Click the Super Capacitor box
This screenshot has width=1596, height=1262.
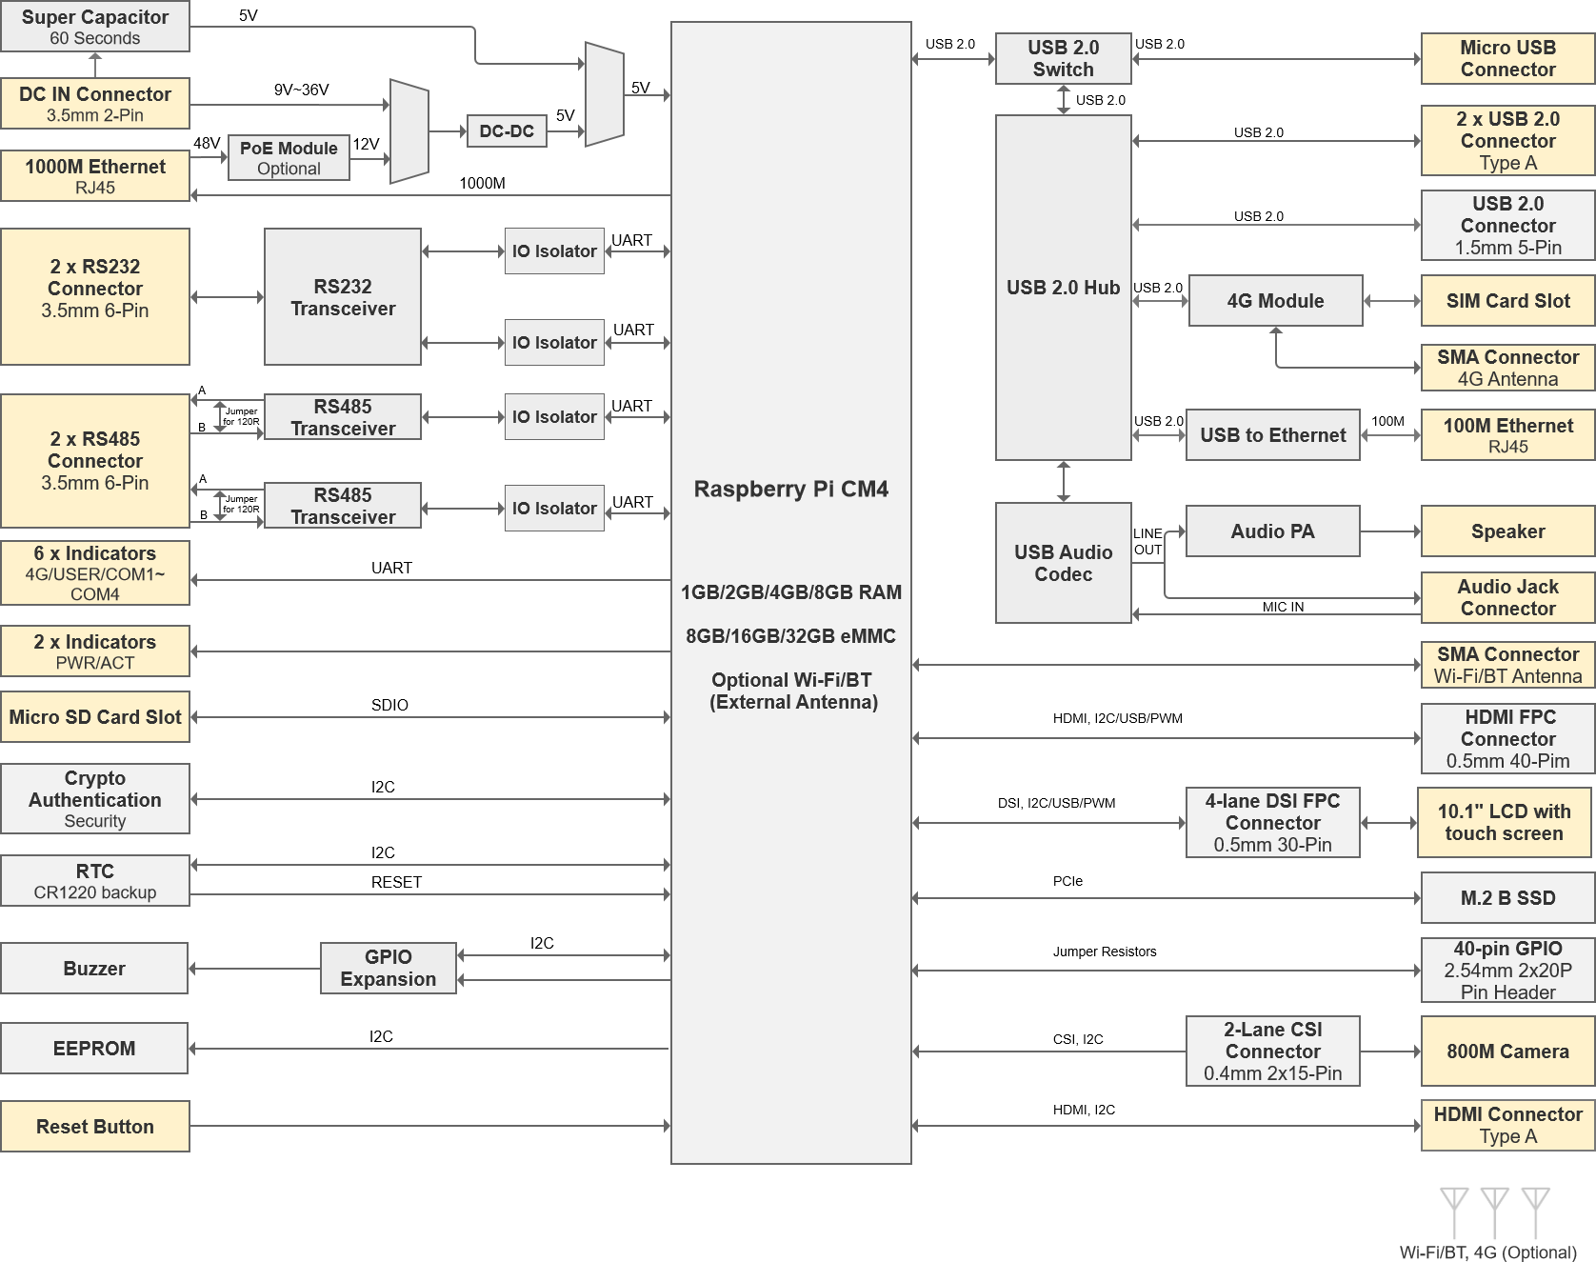[x=95, y=27]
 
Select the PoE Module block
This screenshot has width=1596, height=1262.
[x=289, y=158]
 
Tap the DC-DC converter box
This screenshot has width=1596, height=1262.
[x=507, y=131]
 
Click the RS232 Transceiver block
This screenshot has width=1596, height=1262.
[x=343, y=297]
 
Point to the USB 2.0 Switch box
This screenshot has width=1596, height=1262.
[x=1064, y=58]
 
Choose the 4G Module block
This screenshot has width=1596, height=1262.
[x=1275, y=301]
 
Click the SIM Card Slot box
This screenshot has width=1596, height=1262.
[x=1507, y=301]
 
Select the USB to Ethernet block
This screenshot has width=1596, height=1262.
[x=1273, y=435]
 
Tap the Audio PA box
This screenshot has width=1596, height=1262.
[x=1272, y=531]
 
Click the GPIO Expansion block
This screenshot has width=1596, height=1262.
[x=389, y=969]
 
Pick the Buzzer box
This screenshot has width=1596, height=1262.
[x=94, y=969]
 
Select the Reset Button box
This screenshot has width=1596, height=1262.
[x=95, y=1127]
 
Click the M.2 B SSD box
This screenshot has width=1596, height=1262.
[x=1507, y=898]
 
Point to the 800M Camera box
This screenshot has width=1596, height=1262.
[x=1507, y=1052]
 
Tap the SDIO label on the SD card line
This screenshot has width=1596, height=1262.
[x=389, y=705]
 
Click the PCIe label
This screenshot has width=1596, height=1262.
[x=1067, y=881]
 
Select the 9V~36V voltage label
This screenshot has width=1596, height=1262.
[x=301, y=90]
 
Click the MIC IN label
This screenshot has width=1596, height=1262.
[x=1283, y=607]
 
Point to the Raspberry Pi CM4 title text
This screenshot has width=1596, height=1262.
[x=790, y=489]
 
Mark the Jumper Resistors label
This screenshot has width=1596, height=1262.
[x=1105, y=952]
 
